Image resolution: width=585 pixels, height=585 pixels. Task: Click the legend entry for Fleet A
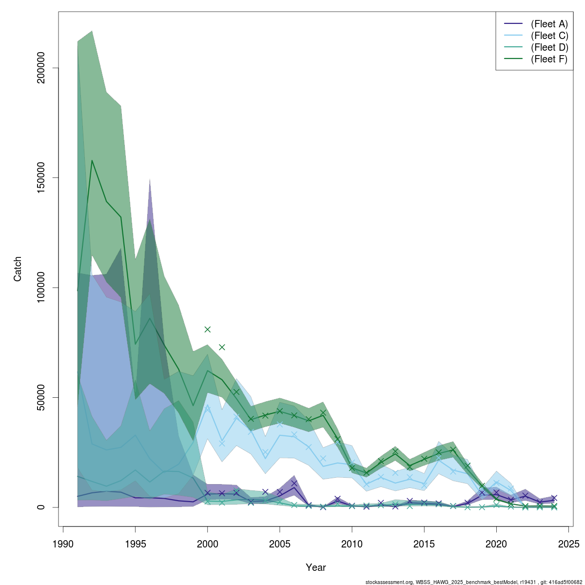coord(549,24)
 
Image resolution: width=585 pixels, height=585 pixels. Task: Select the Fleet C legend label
coord(549,36)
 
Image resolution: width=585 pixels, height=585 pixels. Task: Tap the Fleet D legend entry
coord(549,47)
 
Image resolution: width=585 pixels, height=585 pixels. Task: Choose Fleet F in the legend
coord(549,59)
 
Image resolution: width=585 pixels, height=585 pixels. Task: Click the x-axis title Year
coord(315,567)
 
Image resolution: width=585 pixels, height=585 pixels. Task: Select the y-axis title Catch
coord(18,269)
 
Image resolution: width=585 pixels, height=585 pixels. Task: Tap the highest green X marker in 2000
coord(208,330)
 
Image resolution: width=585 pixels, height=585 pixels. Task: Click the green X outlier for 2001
coord(222,347)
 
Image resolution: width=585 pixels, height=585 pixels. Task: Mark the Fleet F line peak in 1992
coord(92,160)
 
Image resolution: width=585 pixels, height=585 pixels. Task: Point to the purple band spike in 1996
coord(150,180)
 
